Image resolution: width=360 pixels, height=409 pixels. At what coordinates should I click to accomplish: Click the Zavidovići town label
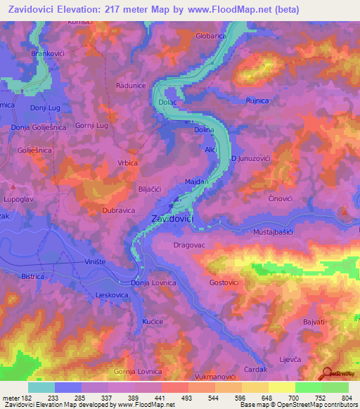pos(173,219)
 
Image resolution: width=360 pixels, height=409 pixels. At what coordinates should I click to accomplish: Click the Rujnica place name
pos(257,101)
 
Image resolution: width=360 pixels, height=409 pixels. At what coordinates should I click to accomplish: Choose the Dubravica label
pos(98,209)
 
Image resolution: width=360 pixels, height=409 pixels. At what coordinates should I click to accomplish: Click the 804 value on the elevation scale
pos(347,398)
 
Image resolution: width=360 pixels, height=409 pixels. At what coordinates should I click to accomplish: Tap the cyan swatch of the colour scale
pos(41,387)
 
